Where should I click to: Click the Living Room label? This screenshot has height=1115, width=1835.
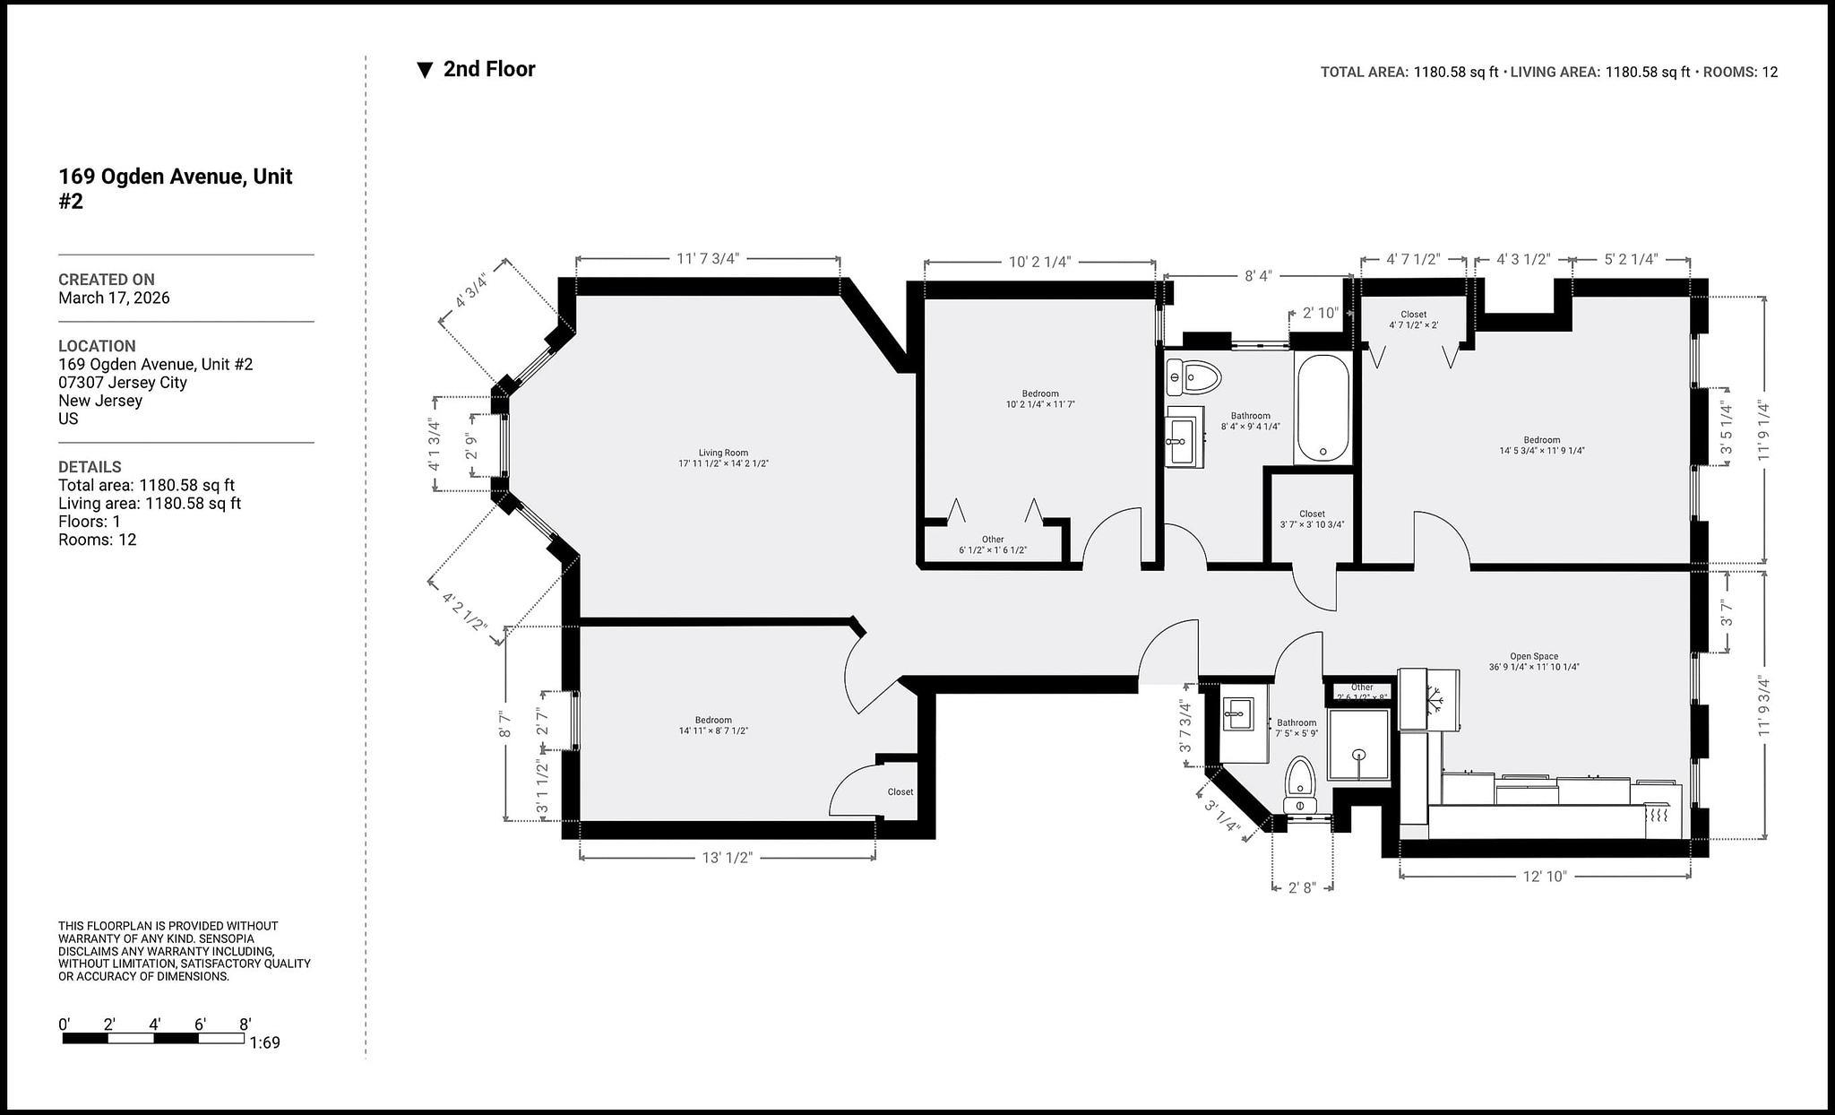723,458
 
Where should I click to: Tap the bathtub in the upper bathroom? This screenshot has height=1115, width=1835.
1322,408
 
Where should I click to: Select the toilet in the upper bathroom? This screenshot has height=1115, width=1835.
1193,377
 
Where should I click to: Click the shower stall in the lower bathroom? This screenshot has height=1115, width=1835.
1358,744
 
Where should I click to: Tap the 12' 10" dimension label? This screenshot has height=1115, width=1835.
1545,876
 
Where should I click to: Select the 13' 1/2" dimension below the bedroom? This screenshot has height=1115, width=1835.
727,858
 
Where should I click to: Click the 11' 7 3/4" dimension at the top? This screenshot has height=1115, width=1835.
708,258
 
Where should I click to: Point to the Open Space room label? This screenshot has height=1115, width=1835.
1534,661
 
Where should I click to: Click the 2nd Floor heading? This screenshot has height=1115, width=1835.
488,69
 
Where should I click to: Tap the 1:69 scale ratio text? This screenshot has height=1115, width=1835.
265,1042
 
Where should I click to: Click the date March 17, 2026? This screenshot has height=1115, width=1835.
114,298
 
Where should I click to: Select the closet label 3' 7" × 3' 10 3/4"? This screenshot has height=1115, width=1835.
1312,520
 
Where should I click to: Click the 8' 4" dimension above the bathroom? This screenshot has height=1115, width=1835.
1257,276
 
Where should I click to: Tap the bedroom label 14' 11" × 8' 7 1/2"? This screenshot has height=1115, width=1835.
713,725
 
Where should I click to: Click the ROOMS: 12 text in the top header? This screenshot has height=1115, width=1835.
1739,73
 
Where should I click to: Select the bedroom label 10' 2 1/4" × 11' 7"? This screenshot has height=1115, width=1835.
1039,399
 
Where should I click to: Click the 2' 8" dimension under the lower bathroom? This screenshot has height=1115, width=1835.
1302,887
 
